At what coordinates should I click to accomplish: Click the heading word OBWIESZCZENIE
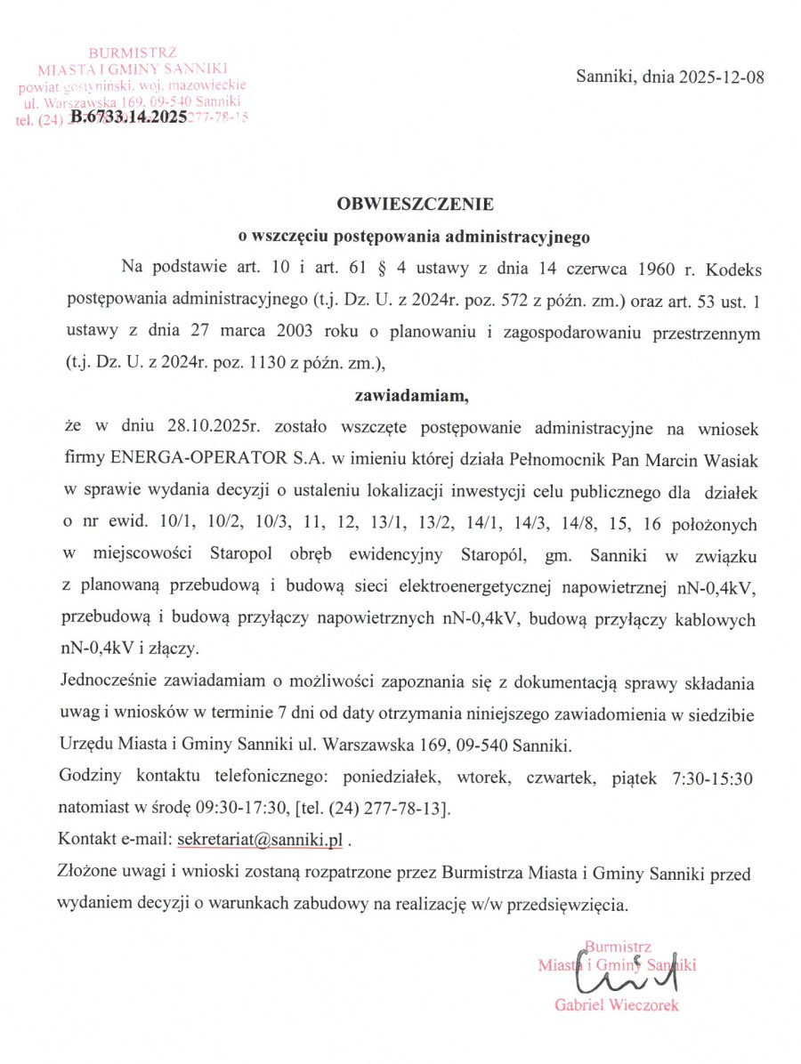point(415,205)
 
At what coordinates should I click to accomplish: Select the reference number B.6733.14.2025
point(128,117)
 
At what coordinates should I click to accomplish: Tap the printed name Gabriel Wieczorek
point(617,1005)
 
